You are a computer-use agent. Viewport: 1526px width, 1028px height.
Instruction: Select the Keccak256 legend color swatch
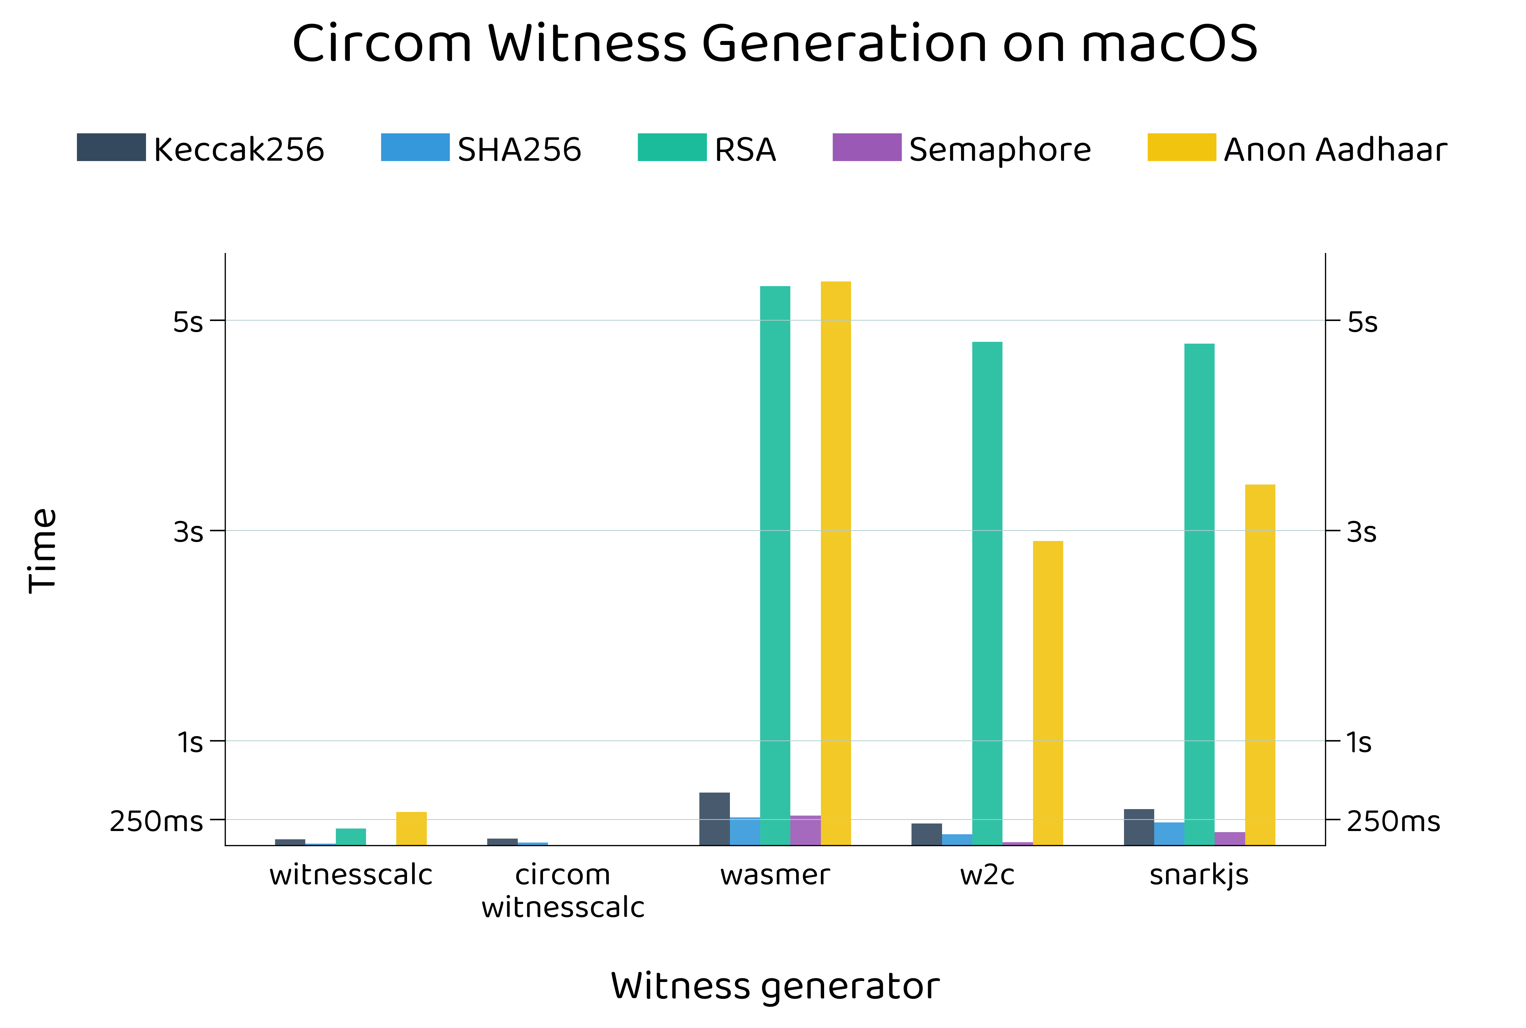tap(111, 147)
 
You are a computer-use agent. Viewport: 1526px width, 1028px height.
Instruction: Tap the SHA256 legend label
tap(519, 150)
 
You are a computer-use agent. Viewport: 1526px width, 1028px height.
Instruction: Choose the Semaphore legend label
tap(999, 150)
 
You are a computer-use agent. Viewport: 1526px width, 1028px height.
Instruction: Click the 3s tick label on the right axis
tap(1361, 532)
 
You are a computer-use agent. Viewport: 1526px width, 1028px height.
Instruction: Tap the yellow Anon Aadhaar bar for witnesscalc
tap(411, 829)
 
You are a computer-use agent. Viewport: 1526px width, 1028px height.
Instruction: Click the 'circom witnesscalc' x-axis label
tap(563, 890)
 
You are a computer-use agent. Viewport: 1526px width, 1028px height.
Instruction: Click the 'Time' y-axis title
tap(43, 551)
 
